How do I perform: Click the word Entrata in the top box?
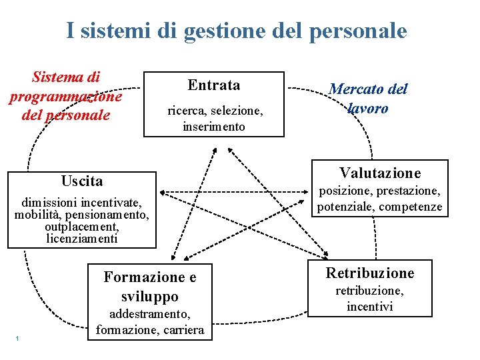(214, 85)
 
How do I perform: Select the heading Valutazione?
(380, 173)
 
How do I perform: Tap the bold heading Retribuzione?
(369, 273)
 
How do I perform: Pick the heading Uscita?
(82, 181)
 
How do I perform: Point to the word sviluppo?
(150, 296)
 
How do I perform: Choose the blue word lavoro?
(367, 108)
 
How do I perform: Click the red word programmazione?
(65, 97)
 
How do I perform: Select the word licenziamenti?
(82, 238)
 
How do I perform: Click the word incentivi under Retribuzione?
(369, 307)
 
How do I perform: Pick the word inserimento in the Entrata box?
(214, 126)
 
